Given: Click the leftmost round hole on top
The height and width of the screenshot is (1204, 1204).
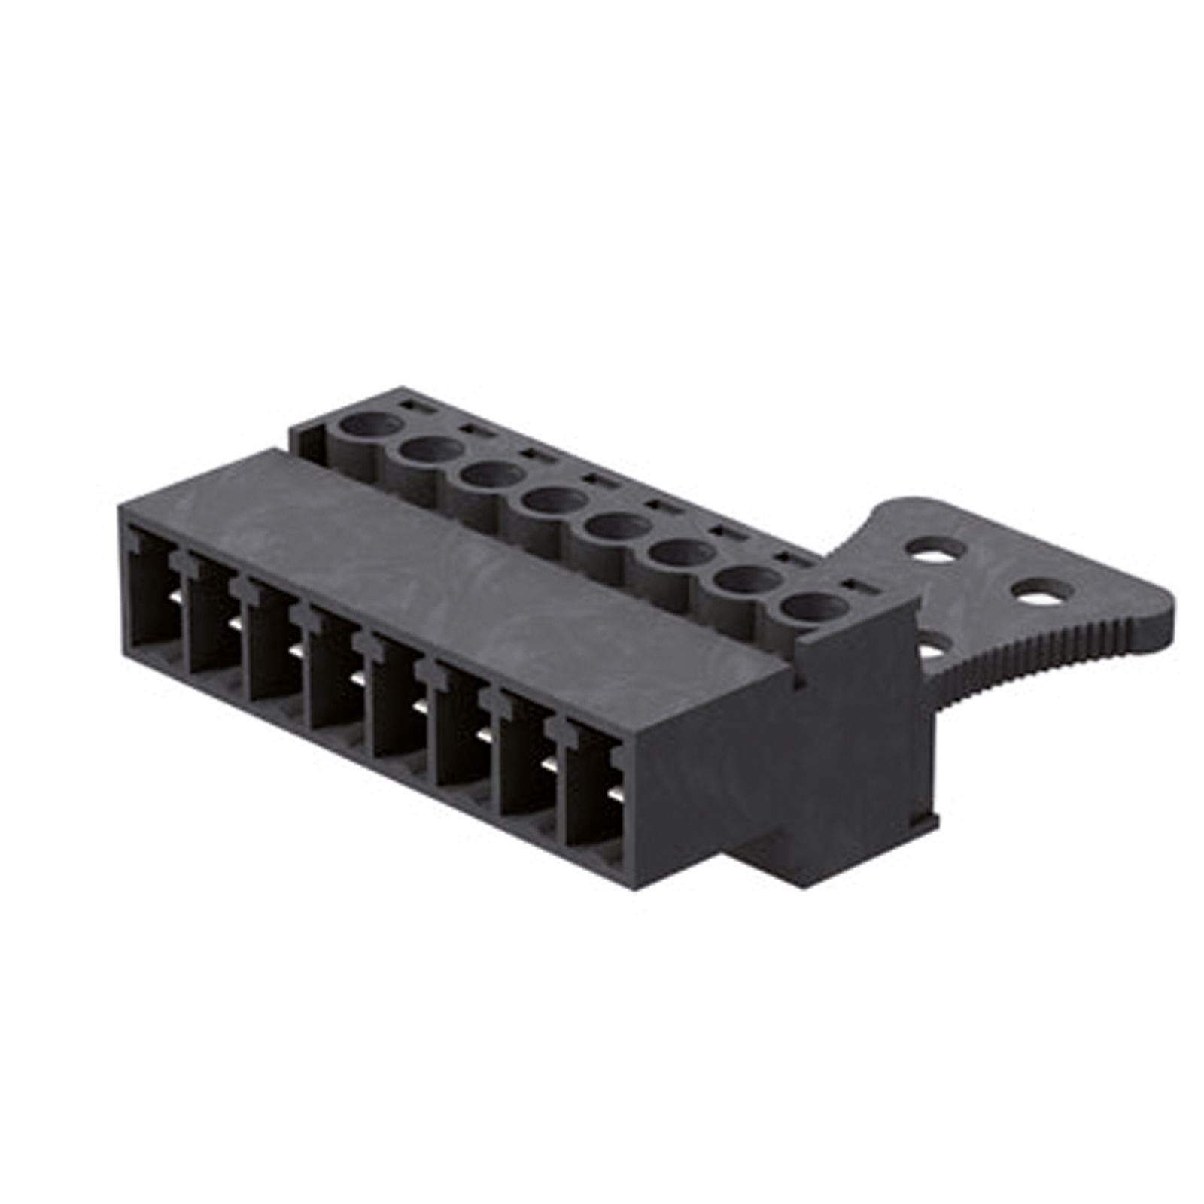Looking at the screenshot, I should pos(368,426).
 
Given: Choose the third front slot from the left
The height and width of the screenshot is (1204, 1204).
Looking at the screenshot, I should pos(276,652).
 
